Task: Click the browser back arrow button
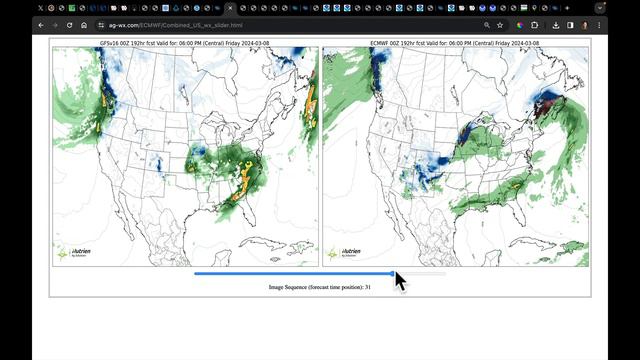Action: point(41,24)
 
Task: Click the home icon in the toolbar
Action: point(84,24)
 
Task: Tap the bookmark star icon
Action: point(500,24)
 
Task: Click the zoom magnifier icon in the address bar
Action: point(487,24)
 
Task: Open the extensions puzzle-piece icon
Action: point(535,24)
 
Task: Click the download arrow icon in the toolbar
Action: point(556,24)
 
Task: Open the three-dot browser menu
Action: point(599,24)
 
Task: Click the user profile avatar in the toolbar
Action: point(584,24)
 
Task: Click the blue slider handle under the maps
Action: point(394,273)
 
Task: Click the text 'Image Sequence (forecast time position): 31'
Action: point(320,287)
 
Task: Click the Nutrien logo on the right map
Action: point(350,253)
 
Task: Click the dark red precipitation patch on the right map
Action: point(546,104)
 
